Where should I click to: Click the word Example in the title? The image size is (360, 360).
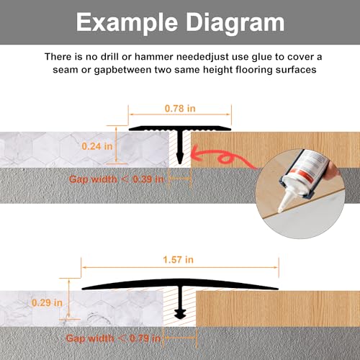pyautogui.click(x=127, y=23)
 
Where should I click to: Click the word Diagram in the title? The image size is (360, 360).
pyautogui.click(x=235, y=23)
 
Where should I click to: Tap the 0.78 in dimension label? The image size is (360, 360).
pyautogui.click(x=180, y=109)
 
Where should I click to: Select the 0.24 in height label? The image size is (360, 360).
pyautogui.click(x=97, y=146)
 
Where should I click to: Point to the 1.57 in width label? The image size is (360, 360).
pyautogui.click(x=178, y=260)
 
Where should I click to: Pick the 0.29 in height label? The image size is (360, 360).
pyautogui.click(x=47, y=303)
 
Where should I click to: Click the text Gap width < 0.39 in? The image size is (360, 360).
pyautogui.click(x=117, y=179)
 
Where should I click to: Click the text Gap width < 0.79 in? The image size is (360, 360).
pyautogui.click(x=113, y=338)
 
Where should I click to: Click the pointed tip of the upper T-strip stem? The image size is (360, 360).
pyautogui.click(x=179, y=163)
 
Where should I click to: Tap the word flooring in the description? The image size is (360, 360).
pyautogui.click(x=254, y=71)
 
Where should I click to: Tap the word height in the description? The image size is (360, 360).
pyautogui.click(x=218, y=71)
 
